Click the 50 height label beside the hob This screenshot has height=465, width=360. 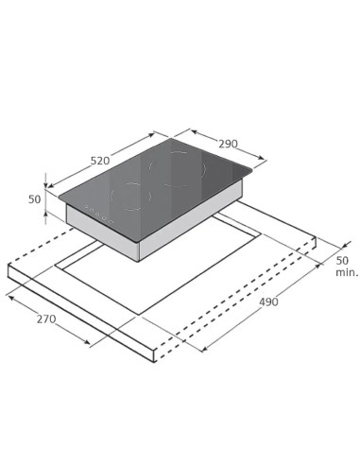click(35, 199)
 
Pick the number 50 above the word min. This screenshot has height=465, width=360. click(342, 259)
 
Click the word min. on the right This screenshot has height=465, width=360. click(346, 271)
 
